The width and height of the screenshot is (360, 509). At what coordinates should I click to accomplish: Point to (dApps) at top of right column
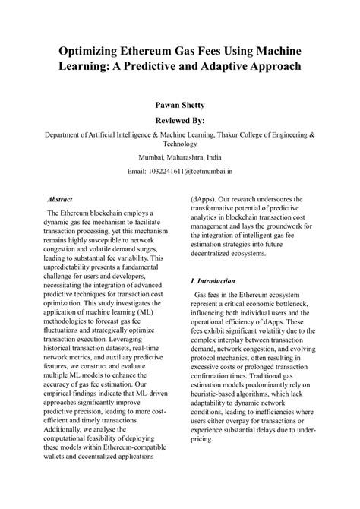pyautogui.click(x=204, y=203)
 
